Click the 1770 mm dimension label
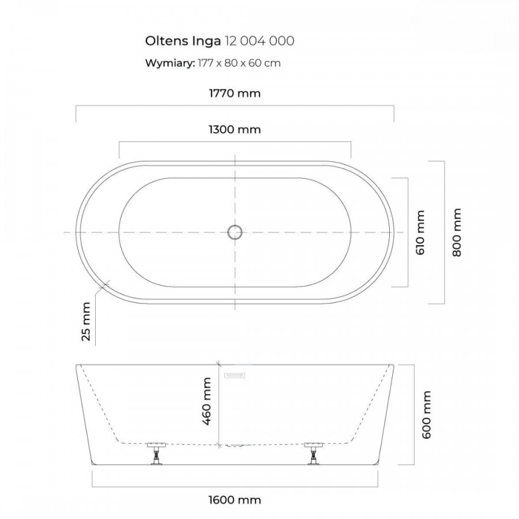(x=235, y=93)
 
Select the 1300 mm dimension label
(x=235, y=129)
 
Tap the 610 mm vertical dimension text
(x=420, y=232)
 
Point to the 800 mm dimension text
(x=457, y=232)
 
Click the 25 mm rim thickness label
(x=86, y=321)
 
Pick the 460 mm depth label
(x=206, y=401)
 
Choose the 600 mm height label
(x=427, y=415)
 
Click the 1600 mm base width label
(x=235, y=500)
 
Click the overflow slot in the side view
(x=235, y=375)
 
